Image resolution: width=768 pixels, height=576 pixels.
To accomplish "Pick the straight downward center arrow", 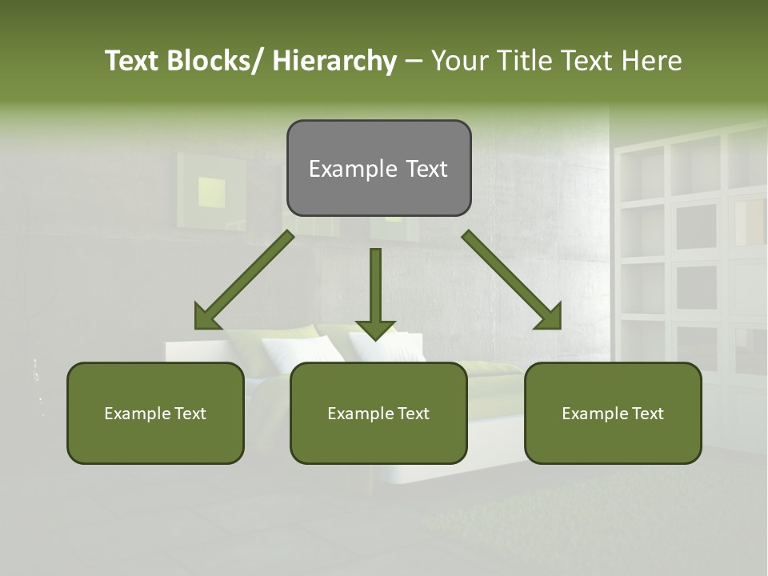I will pyautogui.click(x=375, y=288).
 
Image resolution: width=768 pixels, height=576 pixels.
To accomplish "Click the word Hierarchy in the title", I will pyautogui.click(x=334, y=61).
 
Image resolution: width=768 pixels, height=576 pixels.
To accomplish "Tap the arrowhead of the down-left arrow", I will pyautogui.click(x=206, y=317).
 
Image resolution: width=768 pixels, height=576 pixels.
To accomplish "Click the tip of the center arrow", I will pyautogui.click(x=375, y=338).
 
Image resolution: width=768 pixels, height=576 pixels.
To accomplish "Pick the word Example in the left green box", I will pyautogui.click(x=136, y=414).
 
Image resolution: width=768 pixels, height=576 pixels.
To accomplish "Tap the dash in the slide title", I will pyautogui.click(x=413, y=61).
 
